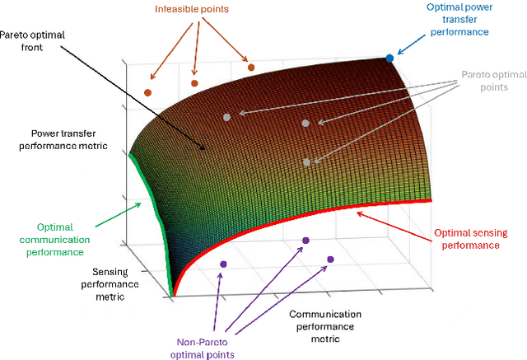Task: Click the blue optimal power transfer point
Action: click(390, 58)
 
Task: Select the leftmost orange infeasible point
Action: click(147, 92)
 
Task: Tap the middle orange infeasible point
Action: click(194, 82)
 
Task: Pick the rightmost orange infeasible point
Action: click(250, 67)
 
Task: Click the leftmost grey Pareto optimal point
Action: click(226, 117)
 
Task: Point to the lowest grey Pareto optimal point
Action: click(306, 162)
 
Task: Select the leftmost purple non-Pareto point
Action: click(222, 264)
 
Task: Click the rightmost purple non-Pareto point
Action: click(330, 259)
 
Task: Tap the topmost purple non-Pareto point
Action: click(305, 241)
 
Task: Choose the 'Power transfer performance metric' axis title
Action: click(65, 139)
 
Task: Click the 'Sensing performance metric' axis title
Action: click(104, 282)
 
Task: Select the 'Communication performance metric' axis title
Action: click(325, 326)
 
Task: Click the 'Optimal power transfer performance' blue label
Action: click(463, 21)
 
